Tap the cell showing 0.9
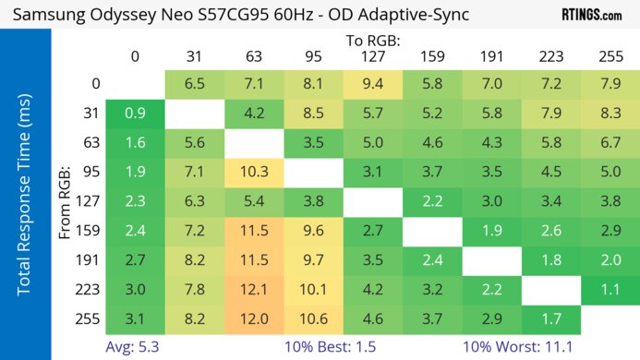(135, 114)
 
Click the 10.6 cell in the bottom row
(313, 320)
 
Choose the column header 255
(609, 56)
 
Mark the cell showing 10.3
(253, 173)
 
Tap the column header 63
(253, 56)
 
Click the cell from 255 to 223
(549, 320)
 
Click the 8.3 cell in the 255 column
(609, 114)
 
